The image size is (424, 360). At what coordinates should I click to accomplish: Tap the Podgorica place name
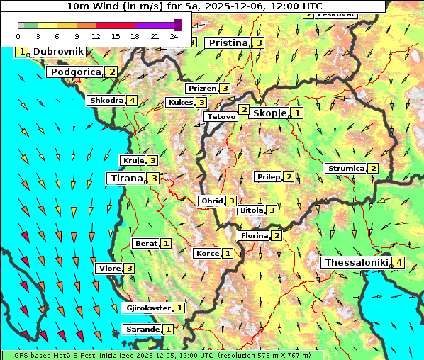click(x=75, y=72)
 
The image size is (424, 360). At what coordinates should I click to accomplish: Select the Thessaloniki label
click(x=356, y=263)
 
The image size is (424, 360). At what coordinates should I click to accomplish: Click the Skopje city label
click(x=269, y=113)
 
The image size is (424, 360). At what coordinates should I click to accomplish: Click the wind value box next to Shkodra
click(x=133, y=101)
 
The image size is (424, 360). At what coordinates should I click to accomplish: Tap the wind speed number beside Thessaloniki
click(x=399, y=263)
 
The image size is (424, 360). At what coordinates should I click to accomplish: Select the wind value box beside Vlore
click(x=129, y=269)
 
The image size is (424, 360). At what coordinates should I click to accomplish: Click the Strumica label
click(x=346, y=169)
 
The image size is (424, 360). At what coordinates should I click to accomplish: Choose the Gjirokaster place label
click(x=147, y=308)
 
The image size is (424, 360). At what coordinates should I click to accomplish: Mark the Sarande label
click(x=143, y=330)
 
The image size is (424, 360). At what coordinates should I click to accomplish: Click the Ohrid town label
click(x=211, y=201)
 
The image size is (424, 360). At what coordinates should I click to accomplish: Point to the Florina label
click(x=254, y=235)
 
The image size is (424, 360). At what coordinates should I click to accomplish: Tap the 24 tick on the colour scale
click(x=174, y=36)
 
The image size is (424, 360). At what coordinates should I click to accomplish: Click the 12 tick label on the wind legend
click(x=96, y=36)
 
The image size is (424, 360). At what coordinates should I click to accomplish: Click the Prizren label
click(x=202, y=89)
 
